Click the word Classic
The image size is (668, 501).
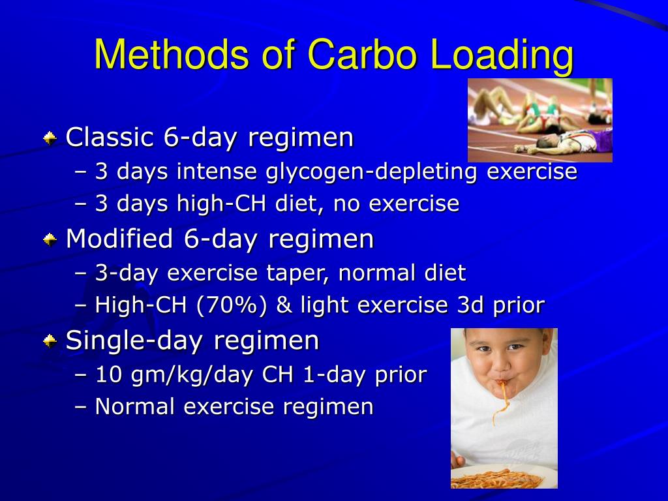110,138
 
